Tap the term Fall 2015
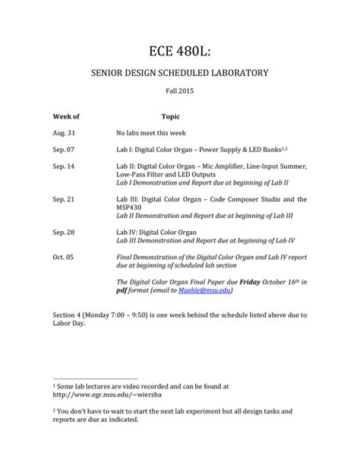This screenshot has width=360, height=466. click(179, 97)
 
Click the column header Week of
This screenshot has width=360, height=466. click(66, 118)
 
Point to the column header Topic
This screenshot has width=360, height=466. click(170, 118)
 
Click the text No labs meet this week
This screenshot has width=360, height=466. click(156, 132)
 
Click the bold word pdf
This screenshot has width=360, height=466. click(121, 291)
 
